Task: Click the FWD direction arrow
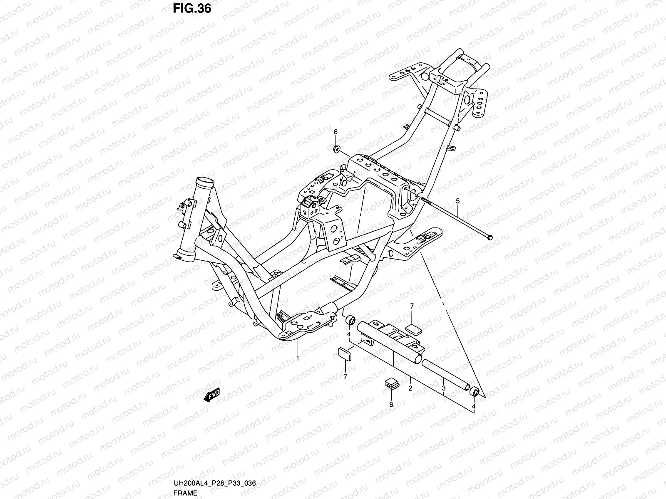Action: tap(211, 395)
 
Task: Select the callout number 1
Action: tap(298, 358)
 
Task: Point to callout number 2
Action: tap(410, 388)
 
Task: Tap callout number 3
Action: tap(444, 388)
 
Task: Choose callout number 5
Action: tap(458, 201)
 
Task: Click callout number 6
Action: tap(335, 132)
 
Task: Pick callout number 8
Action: tap(391, 404)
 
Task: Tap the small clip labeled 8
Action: tap(390, 382)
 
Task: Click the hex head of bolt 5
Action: tap(490, 237)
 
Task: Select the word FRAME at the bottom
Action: tap(186, 493)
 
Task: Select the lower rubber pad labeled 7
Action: tap(345, 353)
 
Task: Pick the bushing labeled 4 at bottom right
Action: tap(474, 392)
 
